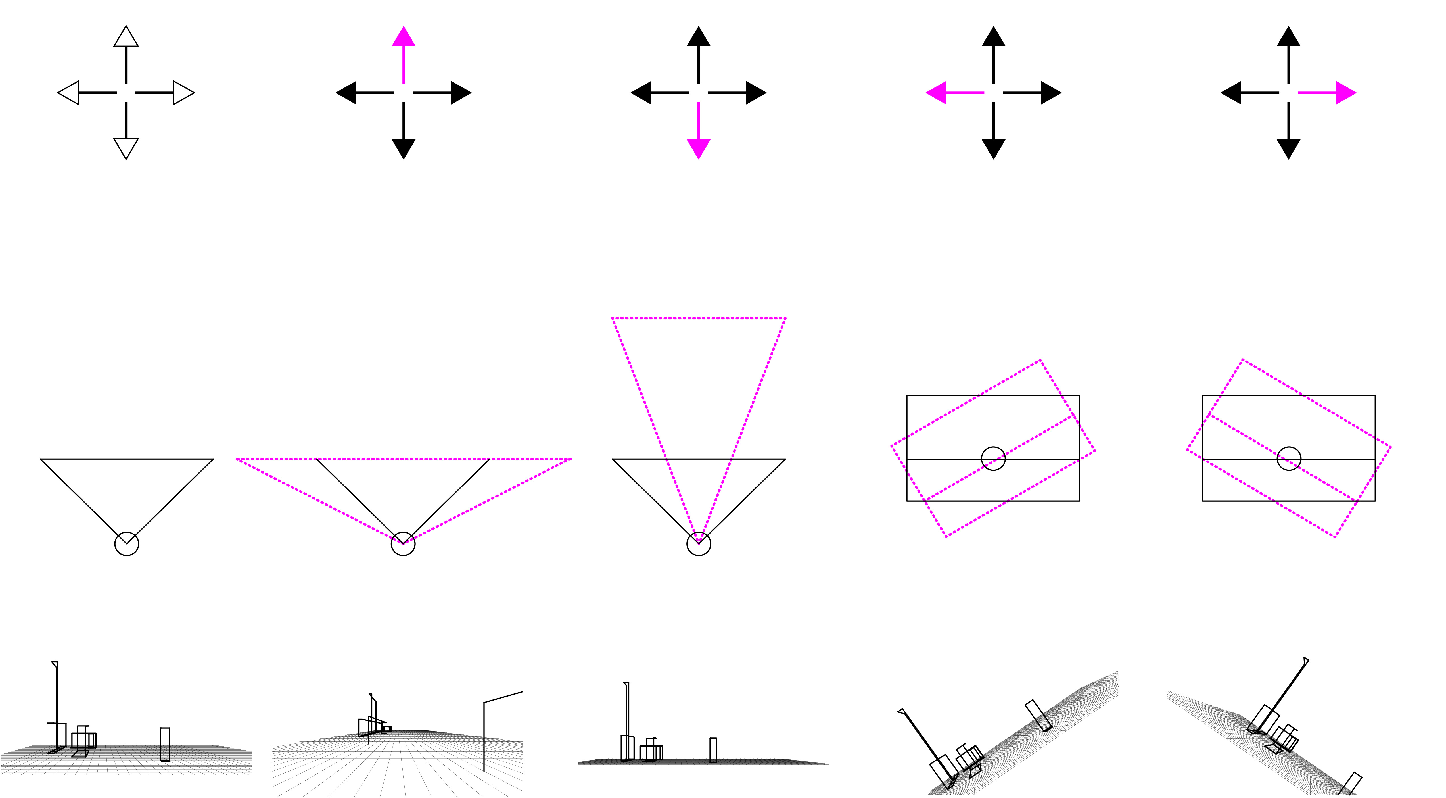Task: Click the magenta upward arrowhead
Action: (404, 37)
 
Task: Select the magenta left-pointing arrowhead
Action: (936, 93)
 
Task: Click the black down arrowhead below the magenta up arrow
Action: (404, 148)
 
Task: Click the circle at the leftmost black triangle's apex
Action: (127, 544)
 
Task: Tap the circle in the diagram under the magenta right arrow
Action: (1289, 459)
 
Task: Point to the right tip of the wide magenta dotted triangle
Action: (570, 459)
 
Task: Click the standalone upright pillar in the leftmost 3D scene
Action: (164, 744)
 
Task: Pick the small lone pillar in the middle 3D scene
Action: (713, 750)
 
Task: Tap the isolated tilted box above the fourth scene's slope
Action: (1038, 715)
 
